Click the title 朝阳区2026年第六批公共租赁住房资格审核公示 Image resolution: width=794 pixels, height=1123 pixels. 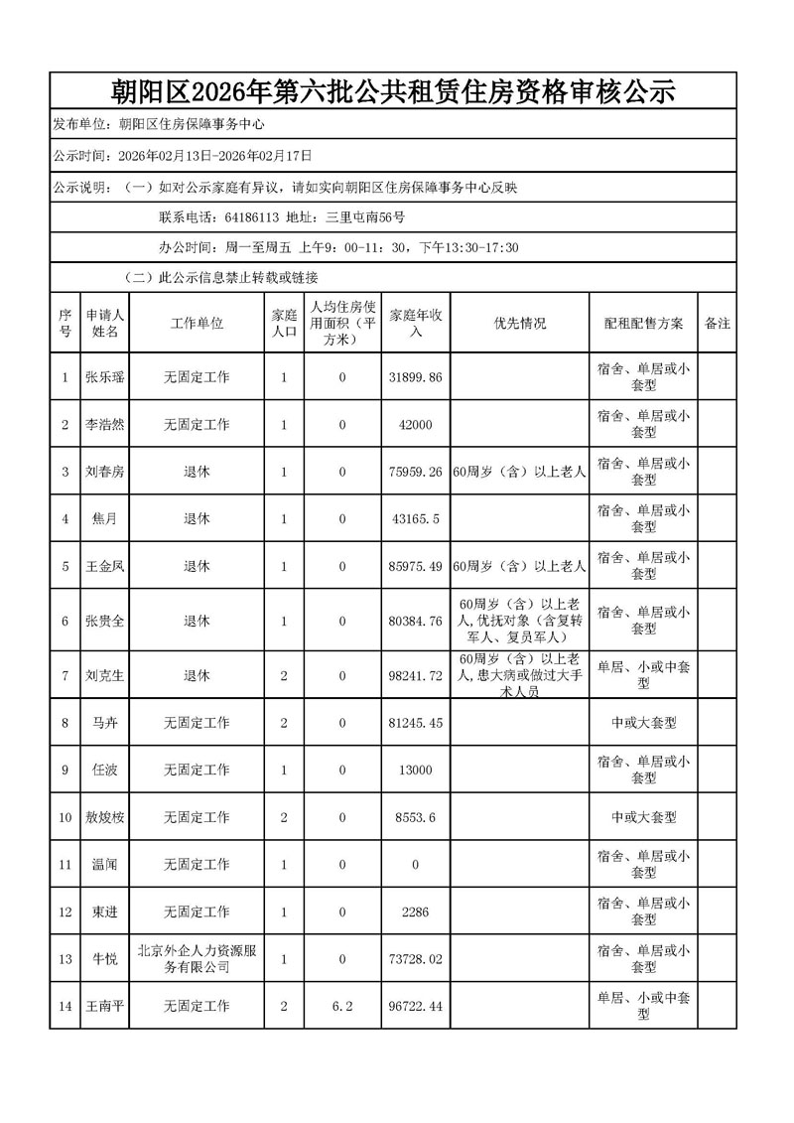point(392,92)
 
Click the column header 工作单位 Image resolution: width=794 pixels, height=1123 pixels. point(197,324)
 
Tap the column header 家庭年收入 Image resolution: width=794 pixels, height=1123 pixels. point(416,324)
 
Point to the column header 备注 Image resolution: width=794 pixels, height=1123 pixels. point(717,324)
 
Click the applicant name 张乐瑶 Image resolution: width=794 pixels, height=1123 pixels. point(104,377)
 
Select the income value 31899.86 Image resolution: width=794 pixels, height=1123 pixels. point(416,377)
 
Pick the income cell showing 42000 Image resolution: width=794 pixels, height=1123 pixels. point(416,425)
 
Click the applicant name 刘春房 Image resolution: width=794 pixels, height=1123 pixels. point(104,472)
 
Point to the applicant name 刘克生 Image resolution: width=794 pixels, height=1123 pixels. point(104,676)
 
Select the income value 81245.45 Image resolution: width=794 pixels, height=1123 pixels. point(416,723)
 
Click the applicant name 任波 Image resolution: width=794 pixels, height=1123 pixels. point(104,770)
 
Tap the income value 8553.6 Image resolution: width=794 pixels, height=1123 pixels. point(416,817)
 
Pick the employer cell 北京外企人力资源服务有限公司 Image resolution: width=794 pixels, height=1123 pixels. point(197,958)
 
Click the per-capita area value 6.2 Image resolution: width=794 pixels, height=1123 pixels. point(342,1006)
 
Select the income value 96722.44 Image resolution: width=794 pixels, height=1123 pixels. point(416,1006)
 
